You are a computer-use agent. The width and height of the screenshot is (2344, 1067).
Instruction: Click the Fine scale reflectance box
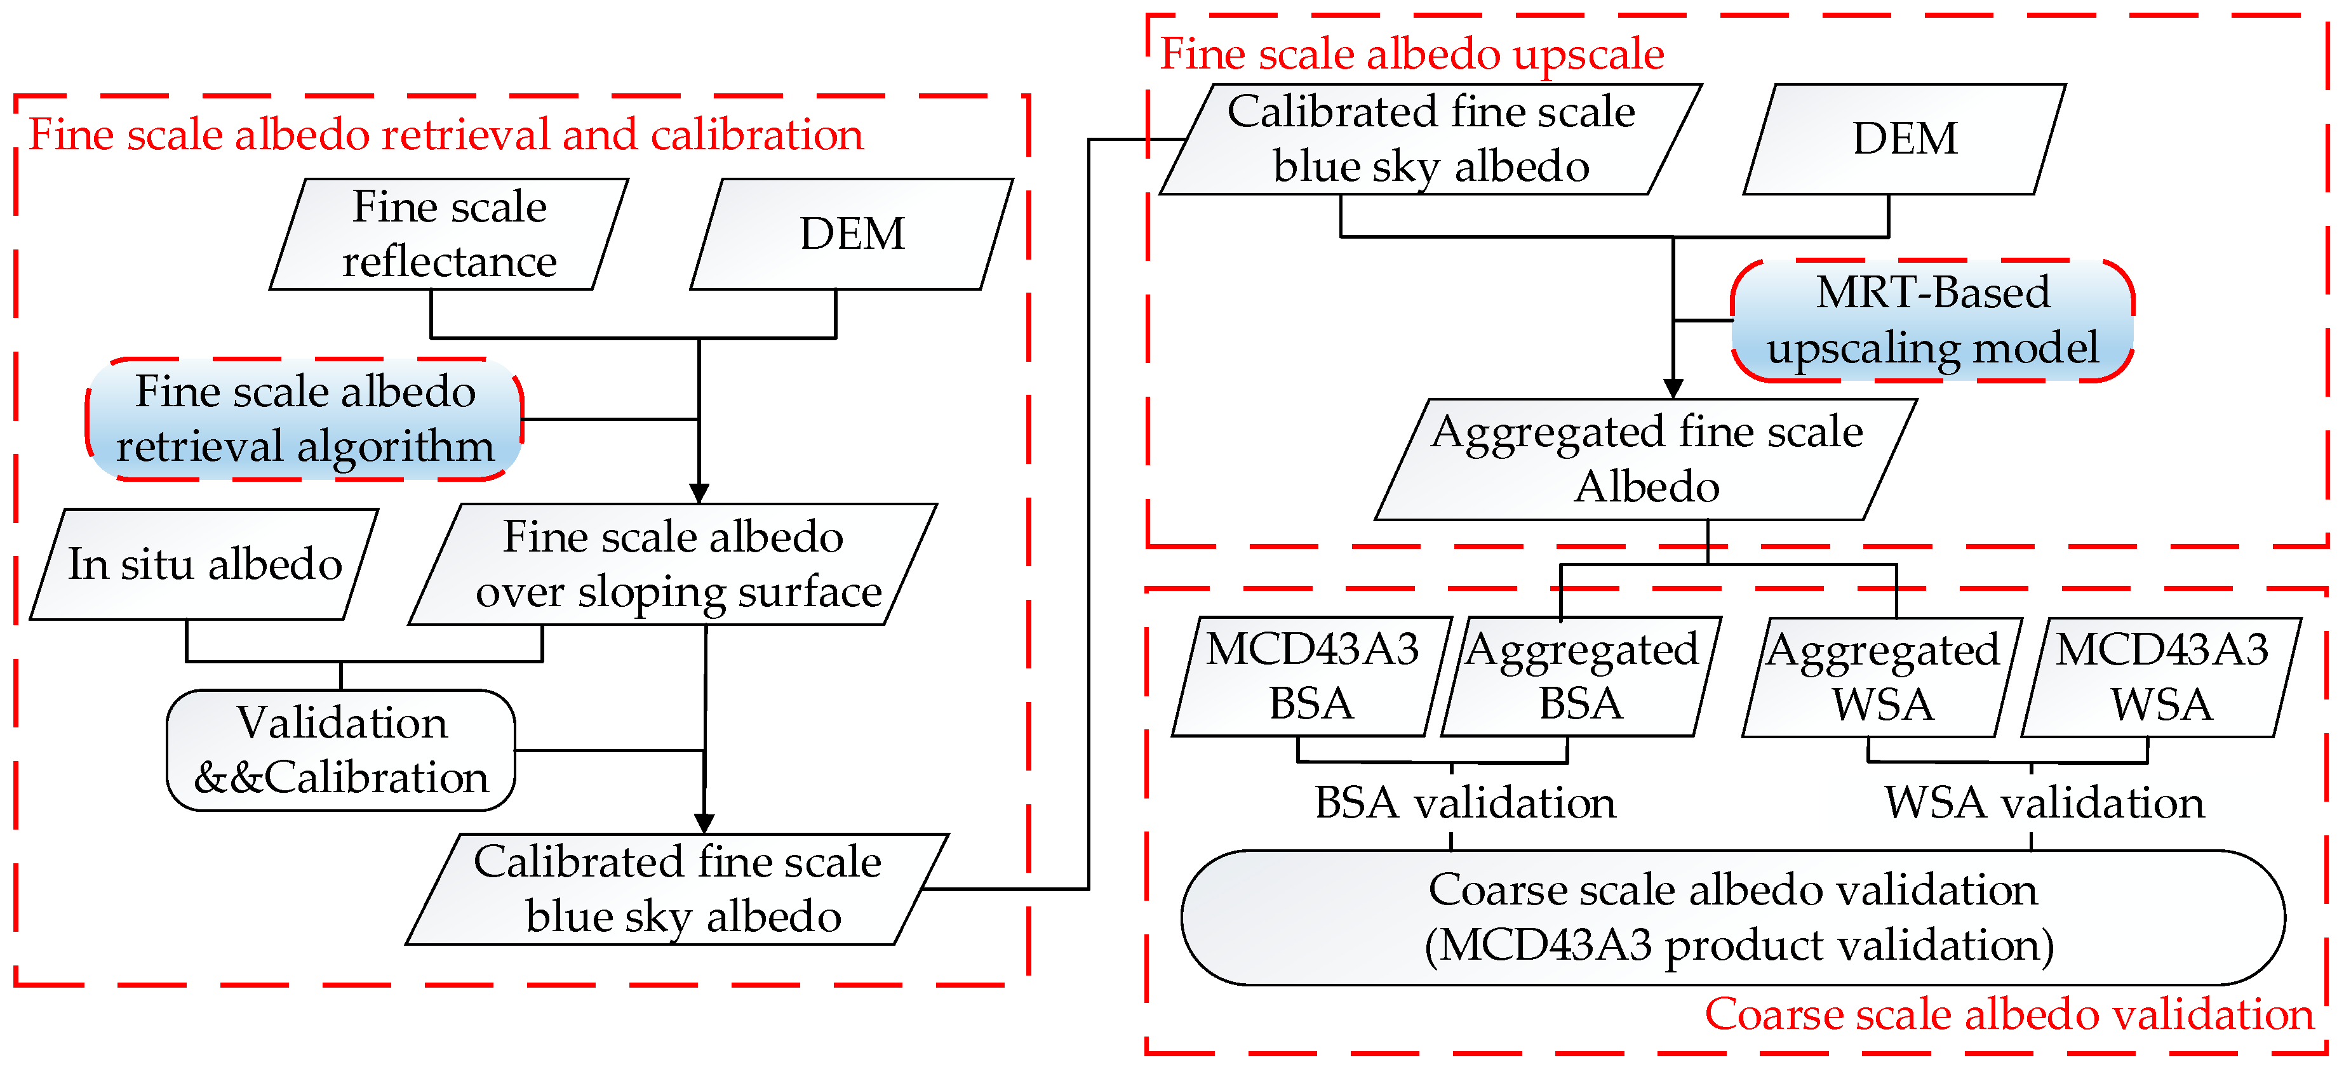pyautogui.click(x=450, y=235)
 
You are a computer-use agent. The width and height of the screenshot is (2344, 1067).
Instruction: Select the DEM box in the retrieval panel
pyautogui.click(x=852, y=235)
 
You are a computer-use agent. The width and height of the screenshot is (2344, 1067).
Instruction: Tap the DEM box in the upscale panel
pyautogui.click(x=1905, y=139)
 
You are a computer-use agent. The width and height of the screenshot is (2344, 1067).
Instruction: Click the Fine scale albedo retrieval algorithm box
pyautogui.click(x=305, y=420)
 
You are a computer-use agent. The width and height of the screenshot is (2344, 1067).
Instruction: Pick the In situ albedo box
pyautogui.click(x=204, y=564)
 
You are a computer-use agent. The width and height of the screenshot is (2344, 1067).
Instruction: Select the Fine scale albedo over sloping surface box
pyautogui.click(x=673, y=564)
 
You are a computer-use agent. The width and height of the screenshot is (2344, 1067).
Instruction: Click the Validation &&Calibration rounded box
pyautogui.click(x=341, y=750)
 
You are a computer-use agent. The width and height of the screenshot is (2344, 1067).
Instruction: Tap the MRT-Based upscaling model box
pyautogui.click(x=1932, y=320)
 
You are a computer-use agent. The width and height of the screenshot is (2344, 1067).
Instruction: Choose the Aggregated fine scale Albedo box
pyautogui.click(x=1647, y=460)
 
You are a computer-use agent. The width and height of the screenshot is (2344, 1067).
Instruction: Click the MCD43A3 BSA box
pyautogui.click(x=1311, y=677)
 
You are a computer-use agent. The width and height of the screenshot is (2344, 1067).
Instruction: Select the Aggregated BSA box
pyautogui.click(x=1581, y=677)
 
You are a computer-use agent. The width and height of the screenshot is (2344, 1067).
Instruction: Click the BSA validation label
pyautogui.click(x=1465, y=803)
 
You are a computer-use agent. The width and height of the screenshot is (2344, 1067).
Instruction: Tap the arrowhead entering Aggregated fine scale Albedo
pyautogui.click(x=1673, y=389)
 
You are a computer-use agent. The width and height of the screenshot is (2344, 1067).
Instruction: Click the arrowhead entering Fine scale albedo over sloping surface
pyautogui.click(x=699, y=494)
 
